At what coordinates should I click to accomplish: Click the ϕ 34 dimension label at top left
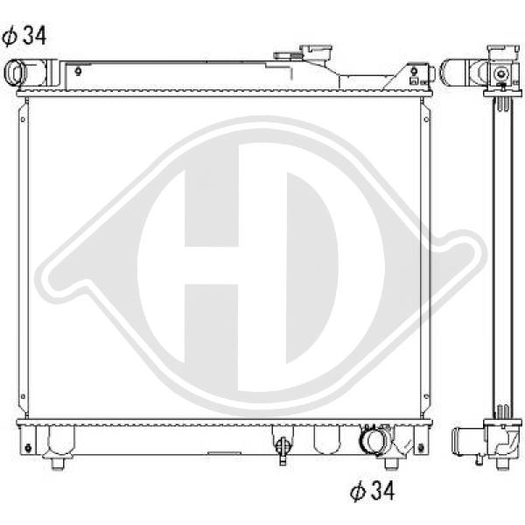click(x=24, y=36)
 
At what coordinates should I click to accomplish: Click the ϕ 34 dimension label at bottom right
click(x=373, y=491)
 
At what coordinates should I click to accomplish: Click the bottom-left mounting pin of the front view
click(x=58, y=463)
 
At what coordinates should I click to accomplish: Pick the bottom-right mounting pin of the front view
click(x=391, y=463)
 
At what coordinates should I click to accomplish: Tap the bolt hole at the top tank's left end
click(x=78, y=71)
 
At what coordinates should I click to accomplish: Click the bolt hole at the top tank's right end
click(x=414, y=71)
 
